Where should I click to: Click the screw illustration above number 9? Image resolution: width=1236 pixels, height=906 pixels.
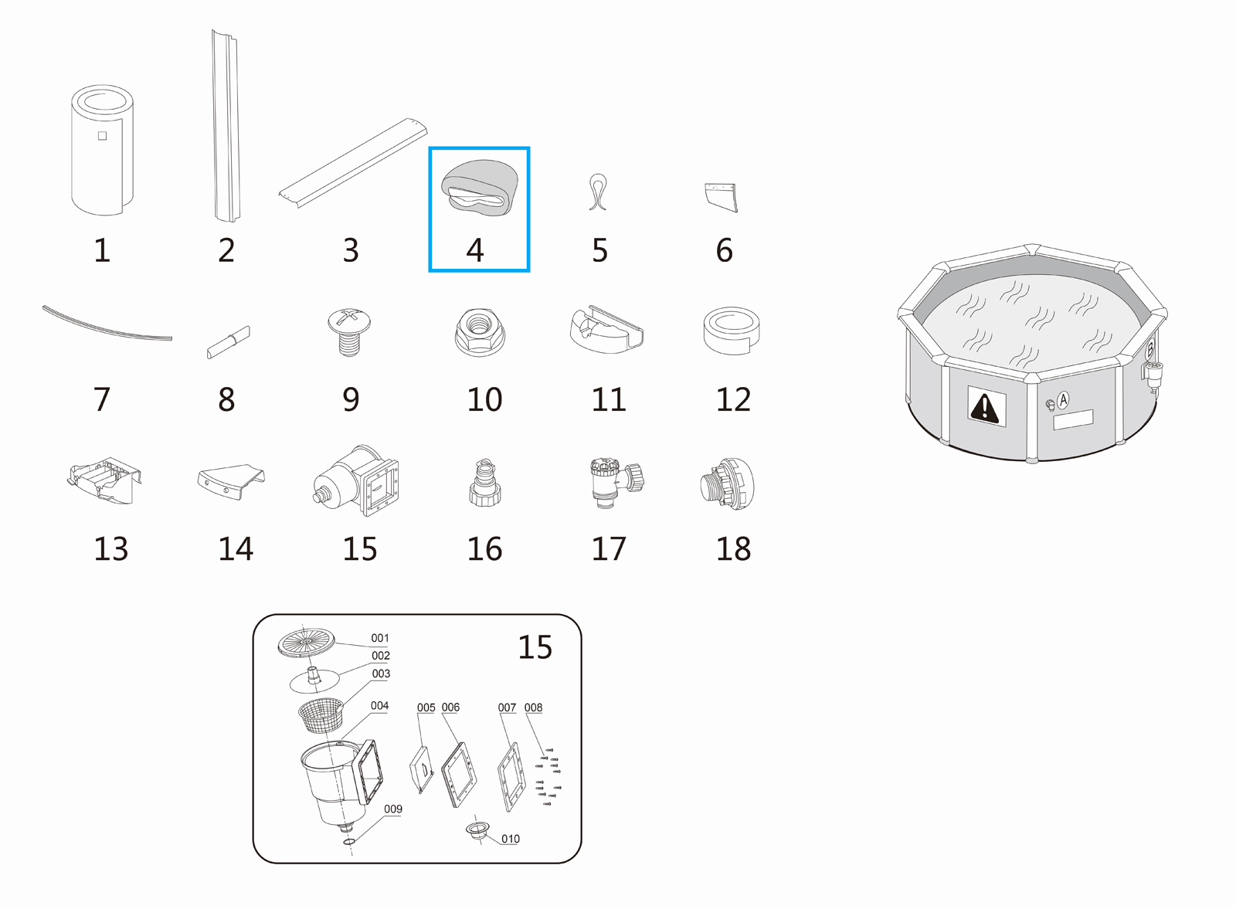(x=348, y=332)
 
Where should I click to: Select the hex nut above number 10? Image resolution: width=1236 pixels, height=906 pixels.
(x=479, y=331)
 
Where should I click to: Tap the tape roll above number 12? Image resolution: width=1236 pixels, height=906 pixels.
(x=732, y=331)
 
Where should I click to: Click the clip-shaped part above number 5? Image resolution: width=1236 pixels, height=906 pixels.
(x=598, y=192)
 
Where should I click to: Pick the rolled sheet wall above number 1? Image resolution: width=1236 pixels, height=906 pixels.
(x=102, y=150)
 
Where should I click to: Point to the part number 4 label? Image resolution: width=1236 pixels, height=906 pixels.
(x=475, y=250)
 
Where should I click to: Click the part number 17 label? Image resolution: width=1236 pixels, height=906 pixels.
(x=609, y=548)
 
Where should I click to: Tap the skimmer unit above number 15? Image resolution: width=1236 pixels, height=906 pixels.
(x=355, y=480)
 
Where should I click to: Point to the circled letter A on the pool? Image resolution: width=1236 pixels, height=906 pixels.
(x=1063, y=399)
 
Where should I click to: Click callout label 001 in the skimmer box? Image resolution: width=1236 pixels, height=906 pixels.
(x=380, y=638)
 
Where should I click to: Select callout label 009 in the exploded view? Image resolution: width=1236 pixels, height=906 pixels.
(x=393, y=809)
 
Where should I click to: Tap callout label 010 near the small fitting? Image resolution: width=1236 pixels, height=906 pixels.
(x=511, y=839)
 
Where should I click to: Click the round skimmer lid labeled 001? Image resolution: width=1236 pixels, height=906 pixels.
(x=306, y=643)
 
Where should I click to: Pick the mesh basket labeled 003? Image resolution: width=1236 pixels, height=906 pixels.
(x=321, y=715)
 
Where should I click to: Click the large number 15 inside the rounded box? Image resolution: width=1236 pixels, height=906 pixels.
(x=535, y=647)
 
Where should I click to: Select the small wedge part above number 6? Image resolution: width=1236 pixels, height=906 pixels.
(x=722, y=197)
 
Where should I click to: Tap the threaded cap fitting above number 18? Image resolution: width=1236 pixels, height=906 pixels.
(x=727, y=484)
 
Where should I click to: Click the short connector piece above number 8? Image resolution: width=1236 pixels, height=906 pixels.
(x=228, y=343)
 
